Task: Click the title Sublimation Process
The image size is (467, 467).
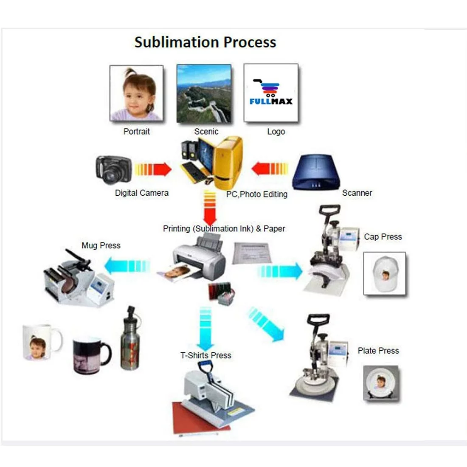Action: pyautogui.click(x=205, y=42)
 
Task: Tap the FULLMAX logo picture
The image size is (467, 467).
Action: pyautogui.click(x=271, y=93)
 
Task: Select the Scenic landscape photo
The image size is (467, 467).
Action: pyautogui.click(x=204, y=94)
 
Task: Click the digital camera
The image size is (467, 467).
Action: pyautogui.click(x=113, y=170)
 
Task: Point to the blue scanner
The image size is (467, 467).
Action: pyautogui.click(x=316, y=172)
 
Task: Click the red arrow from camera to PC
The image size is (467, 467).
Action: pyautogui.click(x=153, y=170)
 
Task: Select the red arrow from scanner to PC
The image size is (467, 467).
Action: pyautogui.click(x=270, y=169)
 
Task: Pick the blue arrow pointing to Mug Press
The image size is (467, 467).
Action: pyautogui.click(x=127, y=266)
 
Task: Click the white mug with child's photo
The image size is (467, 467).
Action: pyautogui.click(x=41, y=342)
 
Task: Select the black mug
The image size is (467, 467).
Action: pyautogui.click(x=91, y=355)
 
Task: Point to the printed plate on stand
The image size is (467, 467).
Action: pyautogui.click(x=381, y=383)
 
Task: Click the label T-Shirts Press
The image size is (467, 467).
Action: pyautogui.click(x=206, y=355)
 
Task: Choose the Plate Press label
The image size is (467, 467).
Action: pyautogui.click(x=378, y=351)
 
